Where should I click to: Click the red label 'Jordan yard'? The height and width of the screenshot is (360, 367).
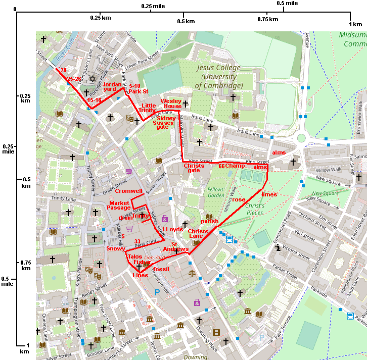coord(112,87)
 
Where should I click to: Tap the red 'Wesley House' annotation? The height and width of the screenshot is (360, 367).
coord(171,104)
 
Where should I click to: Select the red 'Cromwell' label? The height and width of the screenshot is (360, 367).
coord(129,191)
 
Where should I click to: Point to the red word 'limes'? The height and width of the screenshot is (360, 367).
coord(269,194)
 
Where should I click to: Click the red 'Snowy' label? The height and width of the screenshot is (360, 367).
coord(116,248)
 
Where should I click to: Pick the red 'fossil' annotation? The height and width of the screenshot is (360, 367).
coord(161,269)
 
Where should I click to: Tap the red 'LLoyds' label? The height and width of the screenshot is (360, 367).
coord(172,229)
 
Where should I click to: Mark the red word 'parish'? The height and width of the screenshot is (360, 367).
coord(210,221)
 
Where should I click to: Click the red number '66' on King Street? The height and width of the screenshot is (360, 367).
coord(221,166)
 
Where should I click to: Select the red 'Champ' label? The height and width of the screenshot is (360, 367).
coord(235,166)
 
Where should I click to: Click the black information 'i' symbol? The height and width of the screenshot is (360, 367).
coord(278,247)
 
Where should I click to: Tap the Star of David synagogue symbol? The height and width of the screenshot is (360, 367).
coord(92,79)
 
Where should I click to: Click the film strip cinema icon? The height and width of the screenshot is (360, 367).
coord(216,332)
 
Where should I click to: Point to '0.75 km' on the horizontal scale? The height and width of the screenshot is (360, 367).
coord(268,19)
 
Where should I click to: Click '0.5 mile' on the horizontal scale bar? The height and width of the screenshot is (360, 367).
coord(287,4)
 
